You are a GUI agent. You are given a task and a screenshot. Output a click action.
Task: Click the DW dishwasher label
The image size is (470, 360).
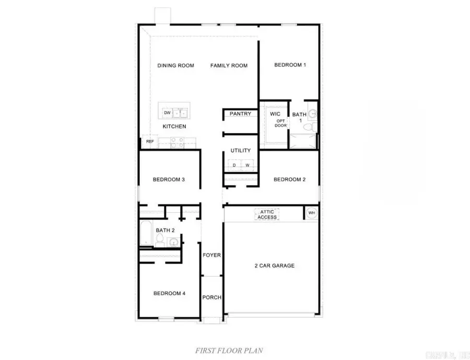click(x=168, y=113)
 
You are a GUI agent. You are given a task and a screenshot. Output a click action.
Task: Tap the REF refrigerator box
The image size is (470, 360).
click(x=150, y=141)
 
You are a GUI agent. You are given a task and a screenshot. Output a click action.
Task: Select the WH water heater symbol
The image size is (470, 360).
click(x=312, y=213)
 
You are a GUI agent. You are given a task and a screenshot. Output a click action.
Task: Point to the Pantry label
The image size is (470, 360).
click(x=240, y=114)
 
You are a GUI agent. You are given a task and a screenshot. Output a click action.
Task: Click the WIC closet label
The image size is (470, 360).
click(x=276, y=113)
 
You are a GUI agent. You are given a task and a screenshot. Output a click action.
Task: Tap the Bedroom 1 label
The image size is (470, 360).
click(x=290, y=65)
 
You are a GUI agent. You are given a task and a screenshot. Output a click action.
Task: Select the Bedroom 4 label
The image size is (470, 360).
click(x=169, y=293)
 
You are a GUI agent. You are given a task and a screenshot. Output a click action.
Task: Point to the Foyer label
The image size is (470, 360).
click(x=211, y=255)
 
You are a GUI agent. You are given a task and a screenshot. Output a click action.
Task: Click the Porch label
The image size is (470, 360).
click(x=211, y=297)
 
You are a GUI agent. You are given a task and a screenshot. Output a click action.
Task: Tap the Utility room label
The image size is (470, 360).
click(x=240, y=150)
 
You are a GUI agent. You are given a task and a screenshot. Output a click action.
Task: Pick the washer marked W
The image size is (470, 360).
click(x=246, y=165)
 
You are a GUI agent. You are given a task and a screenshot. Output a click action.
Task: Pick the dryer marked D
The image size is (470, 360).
click(x=234, y=165)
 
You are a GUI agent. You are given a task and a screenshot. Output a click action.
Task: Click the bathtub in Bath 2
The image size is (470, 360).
click(x=146, y=233)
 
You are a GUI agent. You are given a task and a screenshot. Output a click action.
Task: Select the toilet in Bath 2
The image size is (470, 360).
click(x=161, y=241)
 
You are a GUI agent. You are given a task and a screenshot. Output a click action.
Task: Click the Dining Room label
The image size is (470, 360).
click(x=176, y=66)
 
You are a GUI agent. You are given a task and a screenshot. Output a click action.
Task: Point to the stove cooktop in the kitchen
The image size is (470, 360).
click(x=177, y=140)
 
